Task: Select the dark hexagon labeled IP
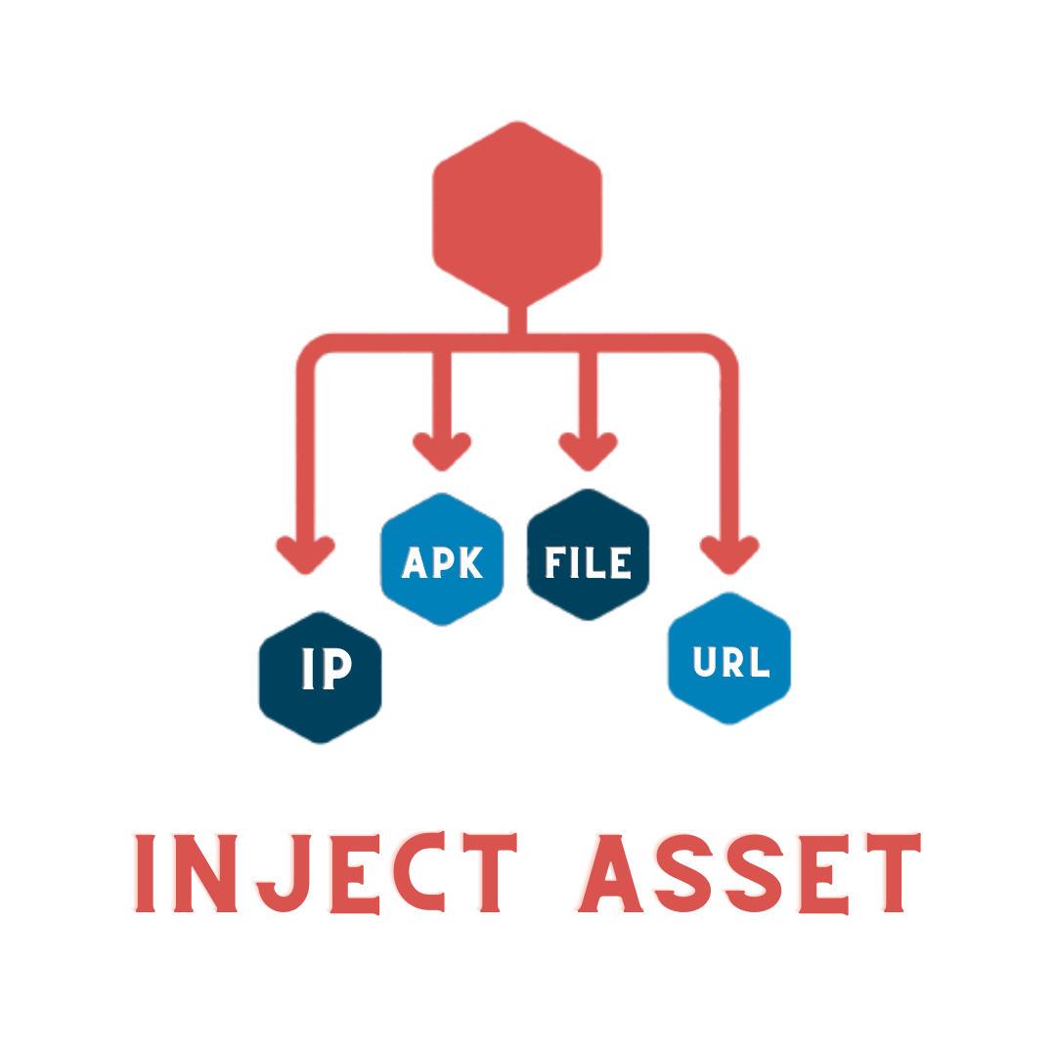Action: click(x=321, y=677)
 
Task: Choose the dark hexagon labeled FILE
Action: click(x=588, y=554)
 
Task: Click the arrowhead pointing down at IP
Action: click(x=306, y=554)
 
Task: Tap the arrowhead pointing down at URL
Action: click(x=729, y=554)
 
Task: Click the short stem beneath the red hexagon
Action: click(x=517, y=320)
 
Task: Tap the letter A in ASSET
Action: click(x=609, y=873)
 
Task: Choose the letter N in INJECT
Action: click(x=206, y=873)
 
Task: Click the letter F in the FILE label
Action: click(x=555, y=562)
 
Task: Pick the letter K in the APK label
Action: click(x=469, y=562)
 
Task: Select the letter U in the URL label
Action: click(x=705, y=662)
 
